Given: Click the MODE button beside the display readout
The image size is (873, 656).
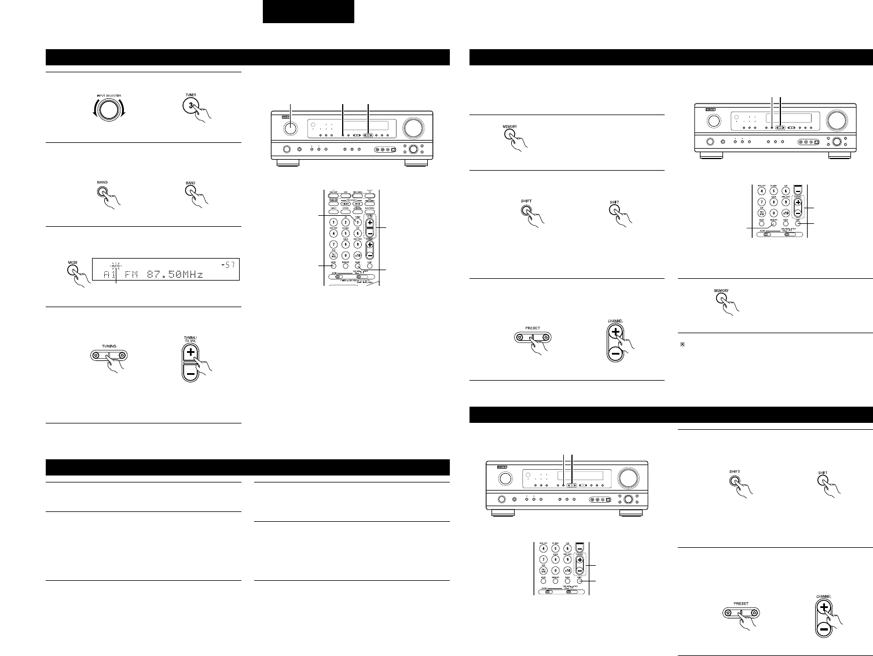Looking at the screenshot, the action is (x=73, y=270).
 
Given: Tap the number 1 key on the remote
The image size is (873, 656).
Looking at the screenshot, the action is (x=333, y=223).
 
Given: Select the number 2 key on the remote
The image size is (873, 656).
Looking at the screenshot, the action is (x=346, y=223).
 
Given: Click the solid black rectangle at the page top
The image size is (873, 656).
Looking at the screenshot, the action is (x=308, y=12).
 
